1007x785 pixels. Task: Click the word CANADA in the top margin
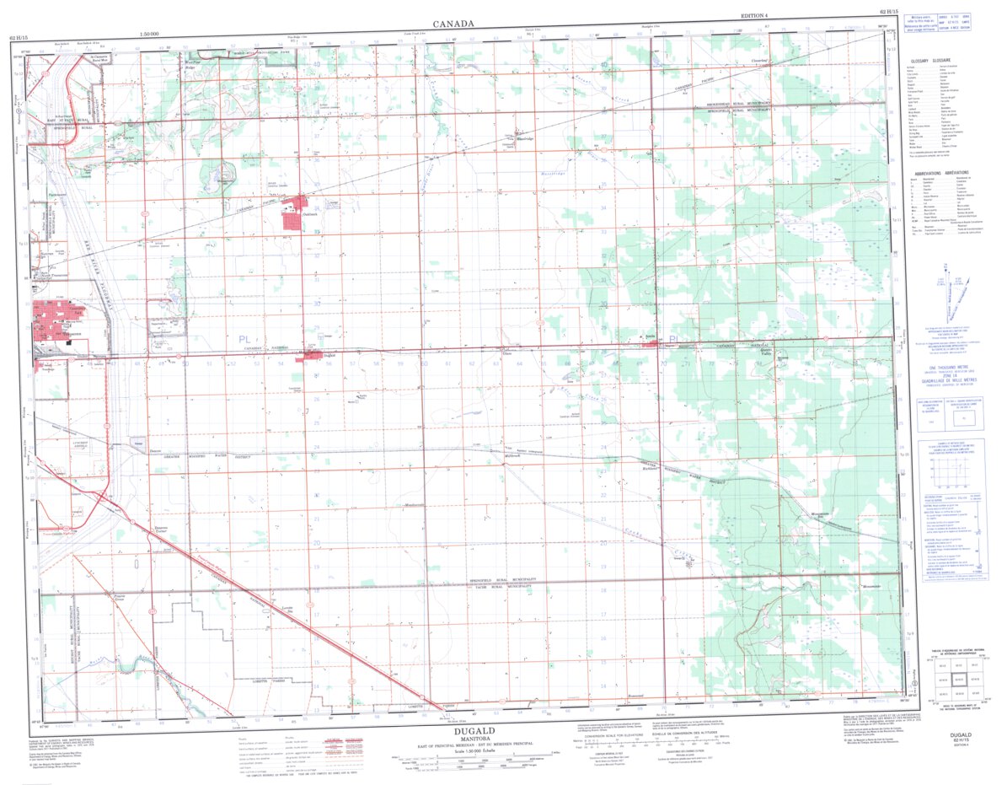coord(453,24)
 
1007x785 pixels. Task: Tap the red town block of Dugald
coord(313,355)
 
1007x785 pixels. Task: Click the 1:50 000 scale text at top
coord(157,35)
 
